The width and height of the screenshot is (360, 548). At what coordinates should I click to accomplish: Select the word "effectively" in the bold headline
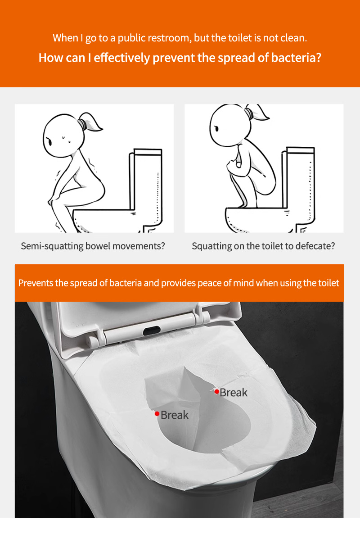click(x=122, y=58)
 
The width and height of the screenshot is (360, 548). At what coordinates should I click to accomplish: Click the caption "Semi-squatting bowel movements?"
click(x=93, y=246)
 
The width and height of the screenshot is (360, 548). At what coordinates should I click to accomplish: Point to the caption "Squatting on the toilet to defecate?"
click(x=263, y=246)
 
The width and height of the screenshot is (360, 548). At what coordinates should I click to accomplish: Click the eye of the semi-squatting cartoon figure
click(x=49, y=141)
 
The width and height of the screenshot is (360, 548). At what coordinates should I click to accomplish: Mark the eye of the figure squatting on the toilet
click(x=216, y=128)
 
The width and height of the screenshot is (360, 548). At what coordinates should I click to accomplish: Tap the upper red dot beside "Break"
click(x=217, y=392)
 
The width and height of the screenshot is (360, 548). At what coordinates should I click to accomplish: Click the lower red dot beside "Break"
click(x=157, y=414)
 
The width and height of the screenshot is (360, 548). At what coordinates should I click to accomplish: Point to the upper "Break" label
click(x=234, y=393)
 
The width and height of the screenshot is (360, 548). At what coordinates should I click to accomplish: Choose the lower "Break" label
click(x=175, y=415)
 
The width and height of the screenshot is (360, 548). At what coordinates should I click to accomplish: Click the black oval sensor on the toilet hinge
click(x=152, y=331)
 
